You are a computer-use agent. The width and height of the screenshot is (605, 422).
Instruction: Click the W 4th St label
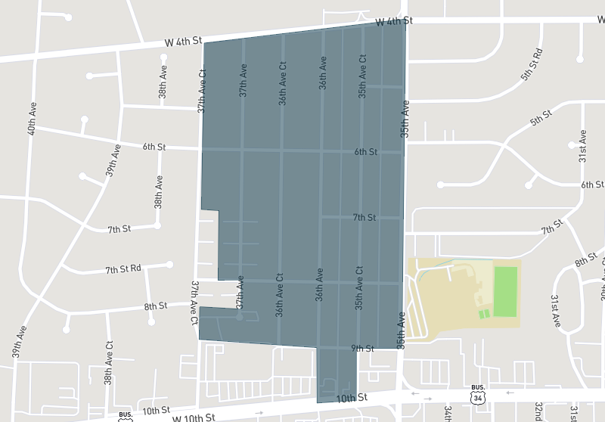(181, 43)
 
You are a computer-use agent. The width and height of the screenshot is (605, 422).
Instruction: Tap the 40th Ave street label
(32, 119)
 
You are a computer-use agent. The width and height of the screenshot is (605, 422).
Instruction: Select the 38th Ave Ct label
(109, 363)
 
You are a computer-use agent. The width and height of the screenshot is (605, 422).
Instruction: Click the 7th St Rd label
(123, 269)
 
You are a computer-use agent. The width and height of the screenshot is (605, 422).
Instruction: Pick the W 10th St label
(194, 417)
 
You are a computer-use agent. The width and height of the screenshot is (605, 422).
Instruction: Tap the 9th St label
(363, 349)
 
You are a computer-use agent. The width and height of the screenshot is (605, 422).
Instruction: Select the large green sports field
(506, 291)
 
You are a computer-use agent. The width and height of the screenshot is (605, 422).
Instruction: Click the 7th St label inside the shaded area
(364, 218)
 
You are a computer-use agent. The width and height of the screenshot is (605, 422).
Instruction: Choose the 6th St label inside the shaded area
(365, 152)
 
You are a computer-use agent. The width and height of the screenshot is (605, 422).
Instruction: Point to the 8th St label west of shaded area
(155, 306)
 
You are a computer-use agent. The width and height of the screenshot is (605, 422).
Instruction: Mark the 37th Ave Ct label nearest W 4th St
(202, 92)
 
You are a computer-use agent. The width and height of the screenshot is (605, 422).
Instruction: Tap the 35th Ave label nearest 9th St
(401, 330)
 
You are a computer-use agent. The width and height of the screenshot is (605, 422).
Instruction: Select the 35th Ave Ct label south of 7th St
(359, 287)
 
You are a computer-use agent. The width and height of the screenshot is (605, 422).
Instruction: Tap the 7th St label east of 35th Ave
(553, 227)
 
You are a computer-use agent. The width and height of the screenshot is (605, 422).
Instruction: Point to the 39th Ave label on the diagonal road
(113, 160)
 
